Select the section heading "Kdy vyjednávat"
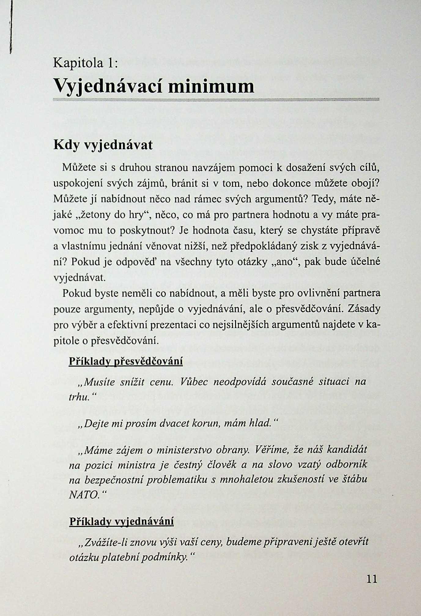point(103,145)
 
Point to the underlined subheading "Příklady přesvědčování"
point(126,361)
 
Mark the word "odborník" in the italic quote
point(346,465)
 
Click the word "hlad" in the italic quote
point(260,423)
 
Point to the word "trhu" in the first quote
point(78,397)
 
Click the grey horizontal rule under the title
point(216,99)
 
